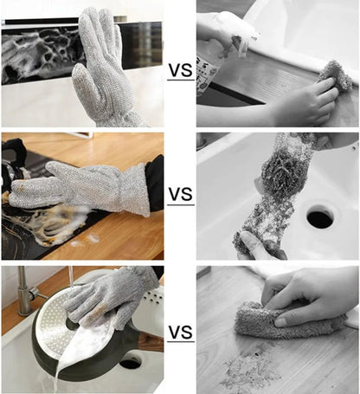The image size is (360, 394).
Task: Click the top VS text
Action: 180,69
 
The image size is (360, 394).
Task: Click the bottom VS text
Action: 180,332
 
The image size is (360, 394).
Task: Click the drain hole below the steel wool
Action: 320,216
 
